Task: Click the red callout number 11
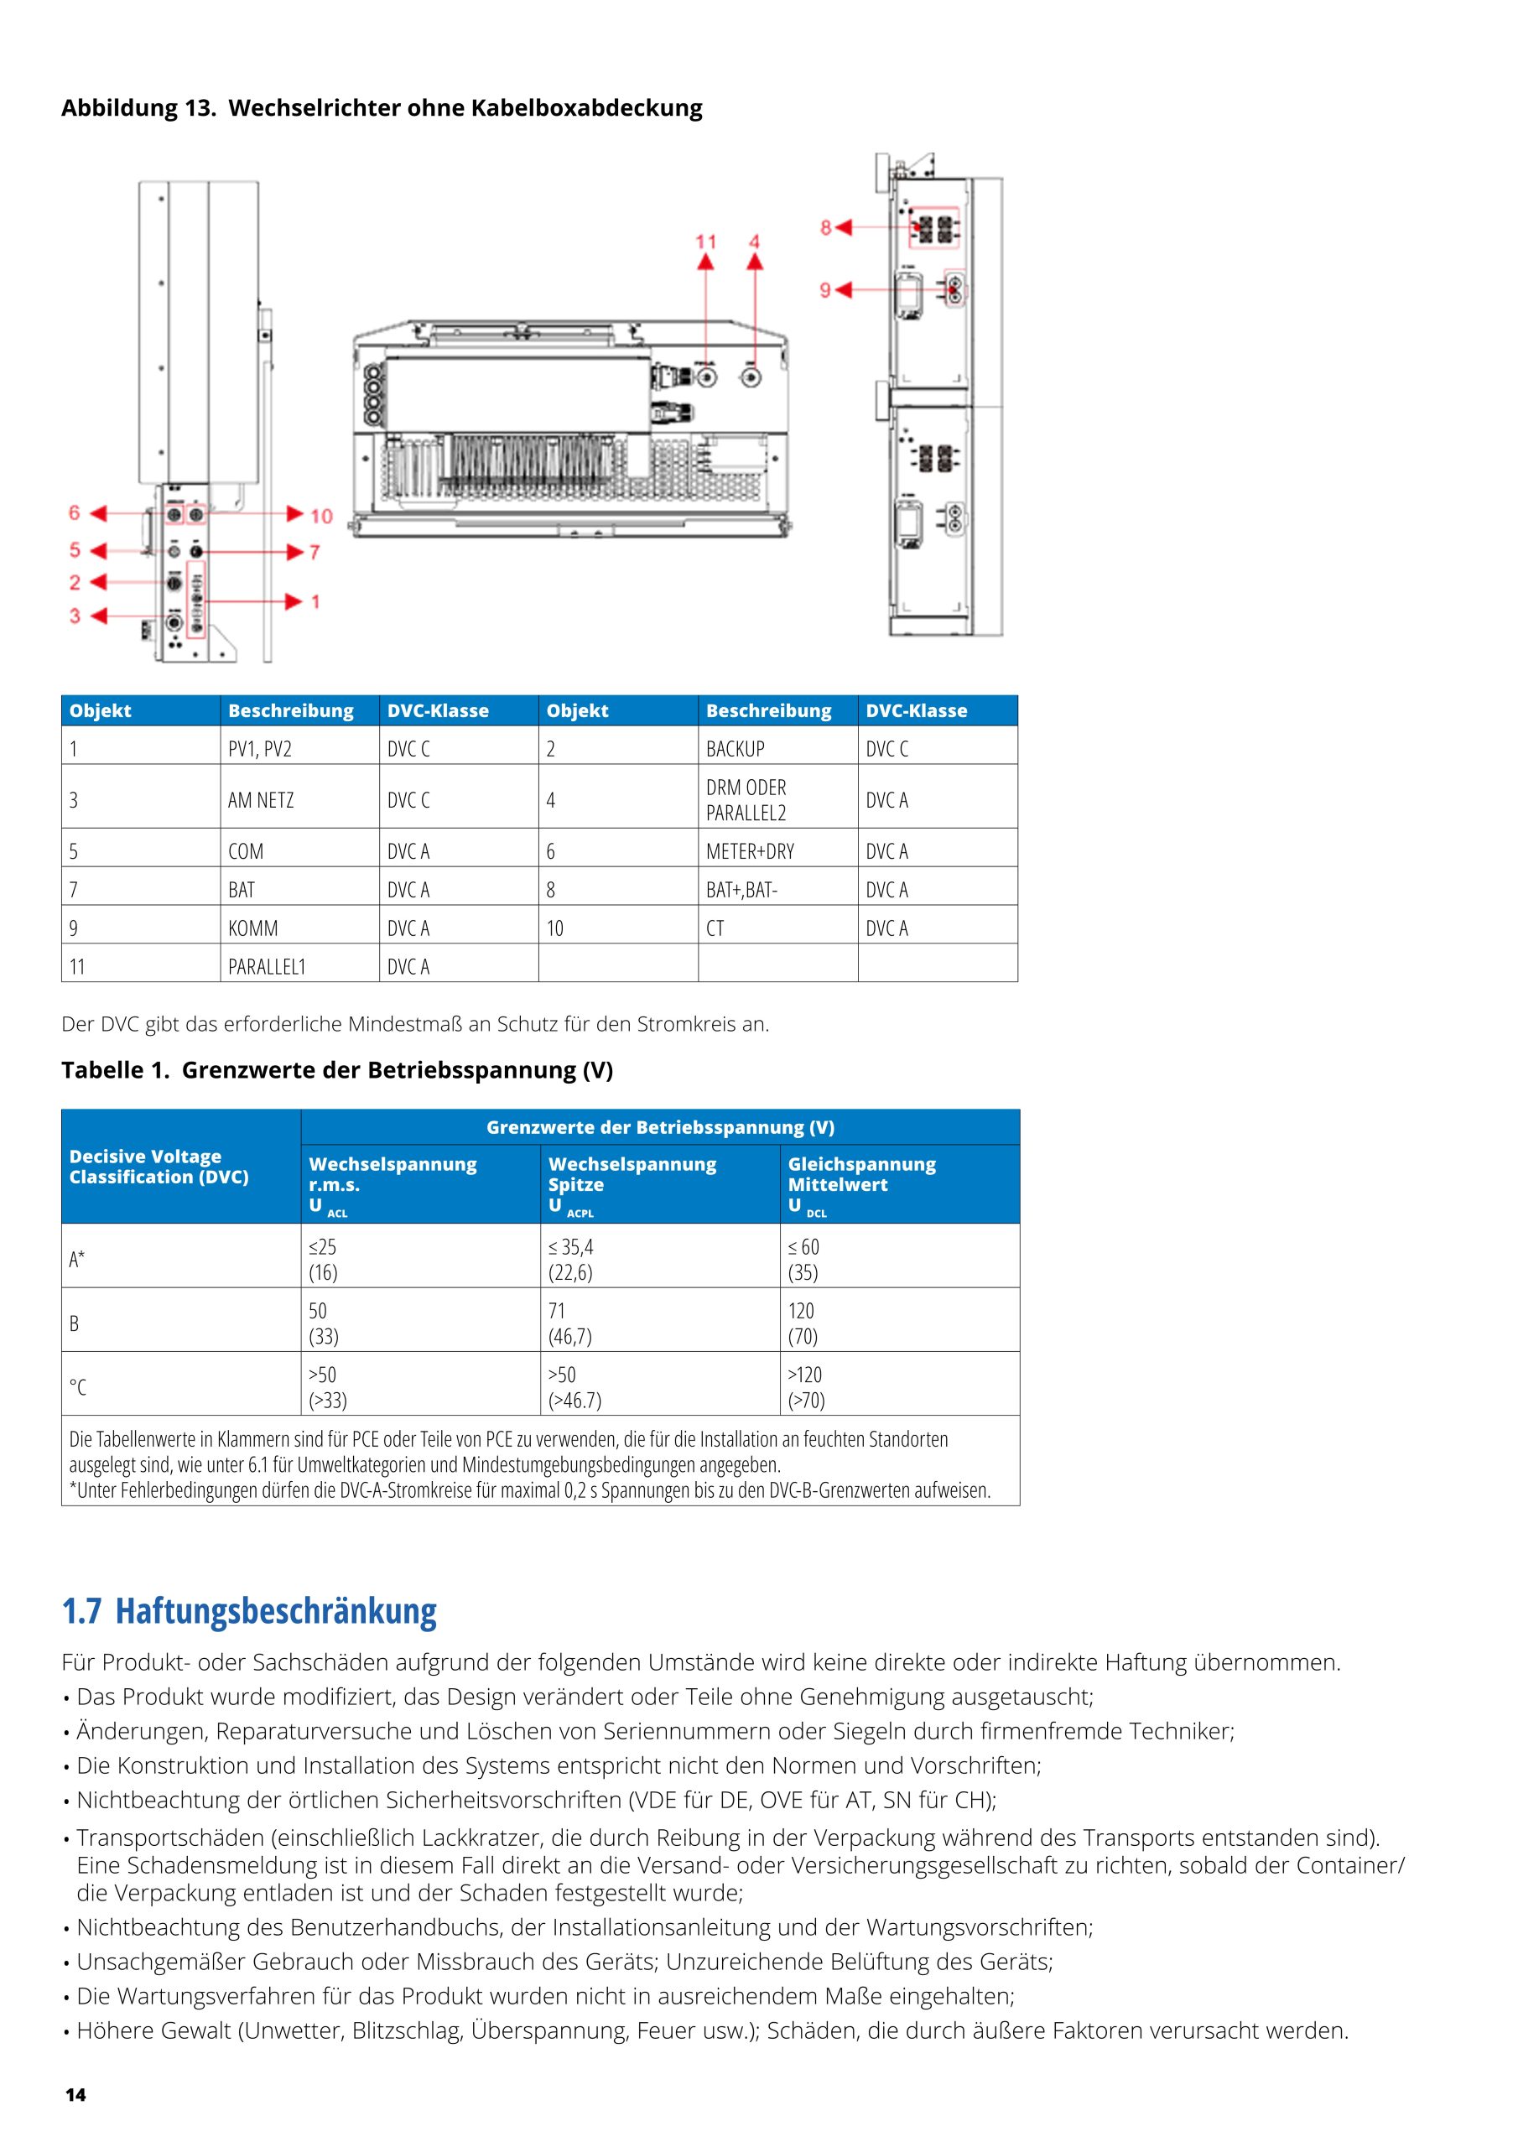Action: click(705, 242)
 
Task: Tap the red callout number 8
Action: click(826, 227)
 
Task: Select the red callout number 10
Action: click(322, 515)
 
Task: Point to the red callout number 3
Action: click(75, 616)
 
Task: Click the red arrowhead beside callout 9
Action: click(844, 290)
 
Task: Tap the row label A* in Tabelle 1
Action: click(76, 1259)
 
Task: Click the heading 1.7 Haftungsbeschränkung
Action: click(249, 1610)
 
